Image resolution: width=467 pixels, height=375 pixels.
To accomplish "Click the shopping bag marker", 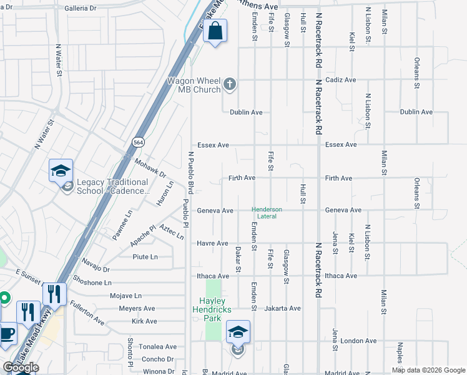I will click(215, 31).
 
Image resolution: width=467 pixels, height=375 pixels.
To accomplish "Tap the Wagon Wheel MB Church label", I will click(194, 85).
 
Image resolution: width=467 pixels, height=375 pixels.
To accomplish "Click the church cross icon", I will click(230, 84).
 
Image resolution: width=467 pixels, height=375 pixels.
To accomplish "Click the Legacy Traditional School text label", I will click(112, 187).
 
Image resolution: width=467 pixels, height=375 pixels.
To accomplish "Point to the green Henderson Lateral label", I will click(267, 212).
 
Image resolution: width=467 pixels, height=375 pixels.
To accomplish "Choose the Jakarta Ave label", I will click(282, 308).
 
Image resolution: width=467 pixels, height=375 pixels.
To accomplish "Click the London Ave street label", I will click(358, 341).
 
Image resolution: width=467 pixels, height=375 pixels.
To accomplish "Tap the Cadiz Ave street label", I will click(340, 80).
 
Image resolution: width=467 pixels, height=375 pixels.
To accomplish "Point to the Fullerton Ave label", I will click(87, 312).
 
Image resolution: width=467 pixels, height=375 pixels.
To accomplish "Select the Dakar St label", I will click(238, 259).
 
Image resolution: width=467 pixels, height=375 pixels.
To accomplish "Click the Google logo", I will click(21, 367).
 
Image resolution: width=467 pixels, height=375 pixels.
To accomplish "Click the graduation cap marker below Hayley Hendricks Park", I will click(238, 332).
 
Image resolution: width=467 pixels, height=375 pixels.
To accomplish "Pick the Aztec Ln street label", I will click(172, 232).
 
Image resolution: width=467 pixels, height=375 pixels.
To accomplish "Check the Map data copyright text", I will click(428, 370).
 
